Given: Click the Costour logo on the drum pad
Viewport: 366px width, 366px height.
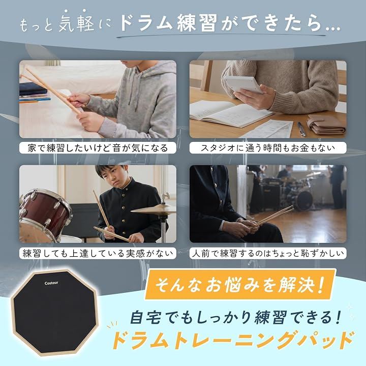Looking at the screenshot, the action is coord(51,283).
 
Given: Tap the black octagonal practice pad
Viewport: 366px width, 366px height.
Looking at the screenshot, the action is coord(55,313).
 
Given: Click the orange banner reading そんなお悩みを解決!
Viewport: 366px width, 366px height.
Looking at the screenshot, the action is coord(240,285).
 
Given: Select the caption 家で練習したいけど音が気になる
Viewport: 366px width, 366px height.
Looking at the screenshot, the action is coord(98,148).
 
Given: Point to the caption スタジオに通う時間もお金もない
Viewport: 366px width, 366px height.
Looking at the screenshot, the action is coord(268,148).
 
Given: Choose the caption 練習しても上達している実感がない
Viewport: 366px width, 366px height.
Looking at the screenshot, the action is coord(98,253).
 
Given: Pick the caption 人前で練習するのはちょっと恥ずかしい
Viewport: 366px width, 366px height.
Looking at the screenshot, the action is coord(268,253).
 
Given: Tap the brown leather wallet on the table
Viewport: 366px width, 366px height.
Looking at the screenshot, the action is coord(326,125).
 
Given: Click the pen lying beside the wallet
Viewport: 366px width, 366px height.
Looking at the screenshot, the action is coord(301,129).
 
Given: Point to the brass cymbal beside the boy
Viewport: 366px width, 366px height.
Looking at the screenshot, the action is coord(154,209).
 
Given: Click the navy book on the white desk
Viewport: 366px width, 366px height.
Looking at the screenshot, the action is coord(33,88).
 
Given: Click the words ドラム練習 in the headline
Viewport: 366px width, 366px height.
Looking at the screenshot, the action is coord(169,23).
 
